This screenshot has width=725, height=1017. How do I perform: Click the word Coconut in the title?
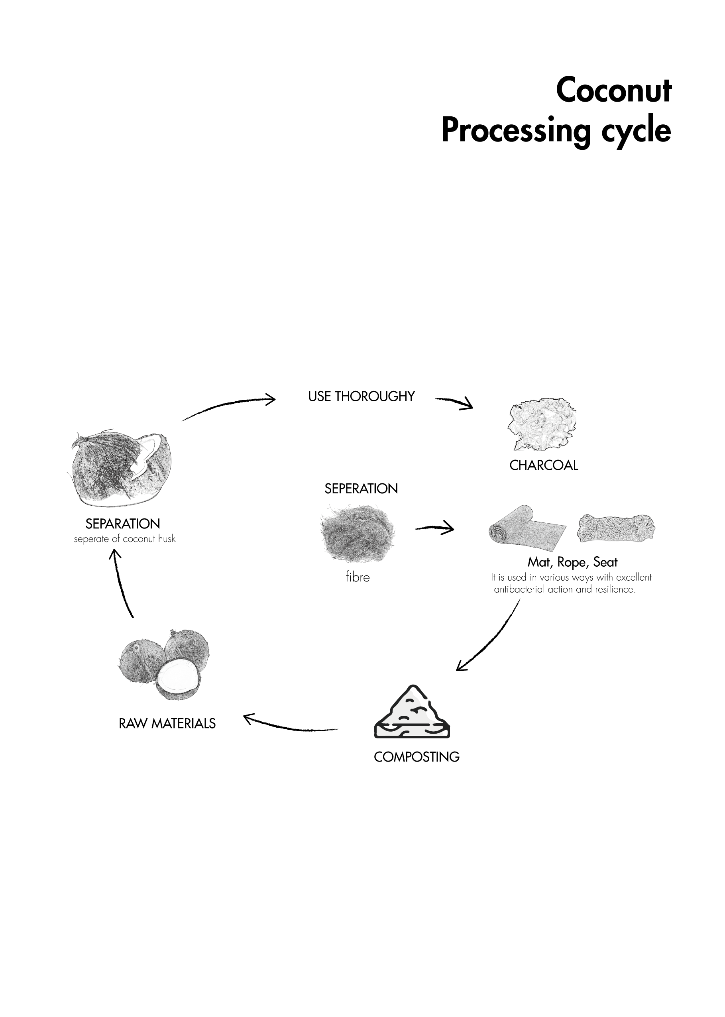613,90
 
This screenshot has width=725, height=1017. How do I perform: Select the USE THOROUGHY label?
361,396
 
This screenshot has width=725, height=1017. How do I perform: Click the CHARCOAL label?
543,465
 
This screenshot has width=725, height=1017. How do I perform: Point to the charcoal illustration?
542,424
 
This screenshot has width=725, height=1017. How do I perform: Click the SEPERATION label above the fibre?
361,489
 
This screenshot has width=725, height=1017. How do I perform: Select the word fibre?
357,577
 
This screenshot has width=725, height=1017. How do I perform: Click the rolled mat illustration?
527,528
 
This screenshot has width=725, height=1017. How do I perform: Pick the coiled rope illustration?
616,528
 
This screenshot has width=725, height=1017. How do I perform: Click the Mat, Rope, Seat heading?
572,562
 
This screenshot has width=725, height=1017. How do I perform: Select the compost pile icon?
412,712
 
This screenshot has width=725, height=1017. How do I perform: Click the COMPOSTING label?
416,757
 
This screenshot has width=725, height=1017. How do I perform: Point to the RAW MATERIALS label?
167,723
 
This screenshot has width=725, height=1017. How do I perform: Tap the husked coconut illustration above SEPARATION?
122,469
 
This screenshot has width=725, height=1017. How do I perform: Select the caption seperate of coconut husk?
125,539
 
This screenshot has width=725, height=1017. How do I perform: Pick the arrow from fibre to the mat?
434,528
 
